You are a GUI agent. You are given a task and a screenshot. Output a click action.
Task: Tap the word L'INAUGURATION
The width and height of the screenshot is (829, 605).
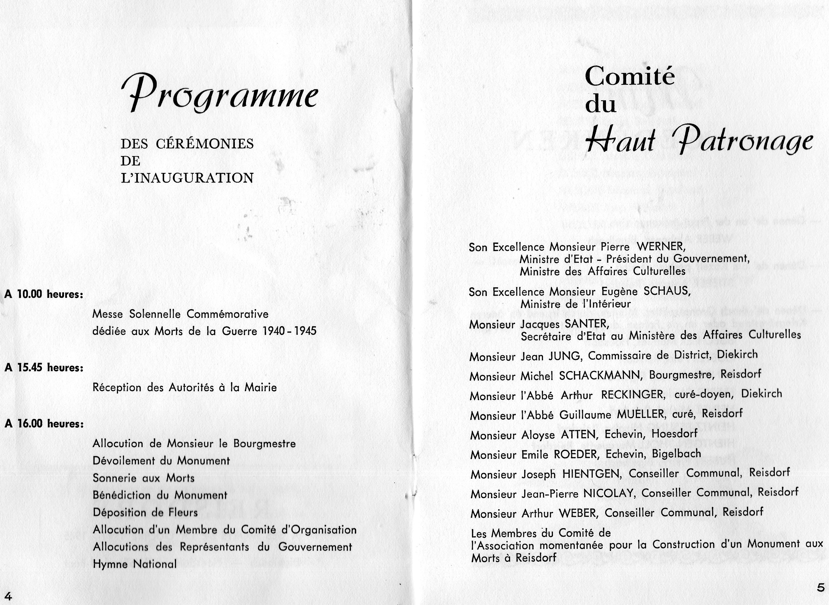187,178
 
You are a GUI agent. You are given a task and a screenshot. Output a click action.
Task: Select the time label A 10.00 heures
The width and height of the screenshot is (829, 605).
44,294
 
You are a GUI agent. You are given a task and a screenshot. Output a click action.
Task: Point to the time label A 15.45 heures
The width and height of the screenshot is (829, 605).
44,368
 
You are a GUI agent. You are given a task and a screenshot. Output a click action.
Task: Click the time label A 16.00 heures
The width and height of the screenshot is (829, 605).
44,424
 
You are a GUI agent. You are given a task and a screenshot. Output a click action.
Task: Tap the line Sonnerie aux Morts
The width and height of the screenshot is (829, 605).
143,478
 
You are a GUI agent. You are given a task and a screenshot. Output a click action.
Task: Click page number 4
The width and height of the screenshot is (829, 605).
8,596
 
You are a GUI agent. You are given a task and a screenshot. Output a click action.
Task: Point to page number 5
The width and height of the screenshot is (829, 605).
821,587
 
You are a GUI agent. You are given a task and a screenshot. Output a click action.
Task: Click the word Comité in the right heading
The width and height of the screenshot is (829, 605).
629,76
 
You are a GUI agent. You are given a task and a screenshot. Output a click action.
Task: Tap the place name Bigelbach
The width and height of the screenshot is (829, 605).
676,454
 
